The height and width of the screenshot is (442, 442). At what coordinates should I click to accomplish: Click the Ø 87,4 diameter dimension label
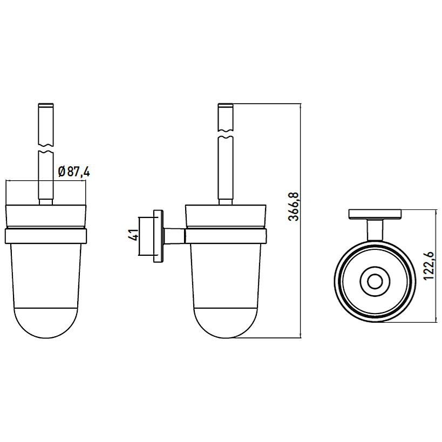[74, 172]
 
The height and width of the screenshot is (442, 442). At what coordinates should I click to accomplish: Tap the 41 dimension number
[134, 235]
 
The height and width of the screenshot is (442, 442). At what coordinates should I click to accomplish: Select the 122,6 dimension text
[429, 266]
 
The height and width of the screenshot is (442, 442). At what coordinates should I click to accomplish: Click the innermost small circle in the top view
[375, 281]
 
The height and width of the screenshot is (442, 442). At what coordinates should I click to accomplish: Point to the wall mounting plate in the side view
[158, 236]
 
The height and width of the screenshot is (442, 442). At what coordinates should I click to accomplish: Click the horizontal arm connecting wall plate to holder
[174, 236]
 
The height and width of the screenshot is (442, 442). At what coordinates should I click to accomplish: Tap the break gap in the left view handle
[46, 149]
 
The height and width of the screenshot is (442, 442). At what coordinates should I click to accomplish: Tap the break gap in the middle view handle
[226, 134]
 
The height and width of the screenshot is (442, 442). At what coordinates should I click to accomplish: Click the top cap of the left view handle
[46, 106]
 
